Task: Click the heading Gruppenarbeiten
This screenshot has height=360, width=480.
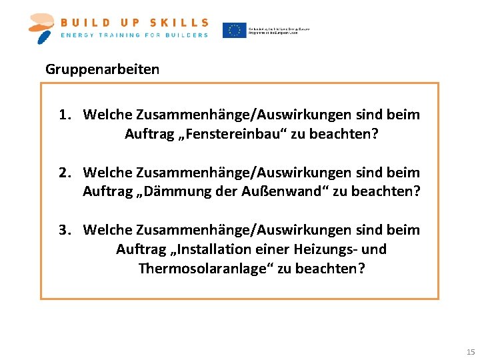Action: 102,69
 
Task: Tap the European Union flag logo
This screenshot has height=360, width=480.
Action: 234,30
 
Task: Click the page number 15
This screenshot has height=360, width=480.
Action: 471,351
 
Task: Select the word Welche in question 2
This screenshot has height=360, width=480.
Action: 107,173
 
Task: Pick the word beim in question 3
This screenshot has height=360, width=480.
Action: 405,230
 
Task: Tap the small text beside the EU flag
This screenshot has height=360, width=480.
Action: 279,30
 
